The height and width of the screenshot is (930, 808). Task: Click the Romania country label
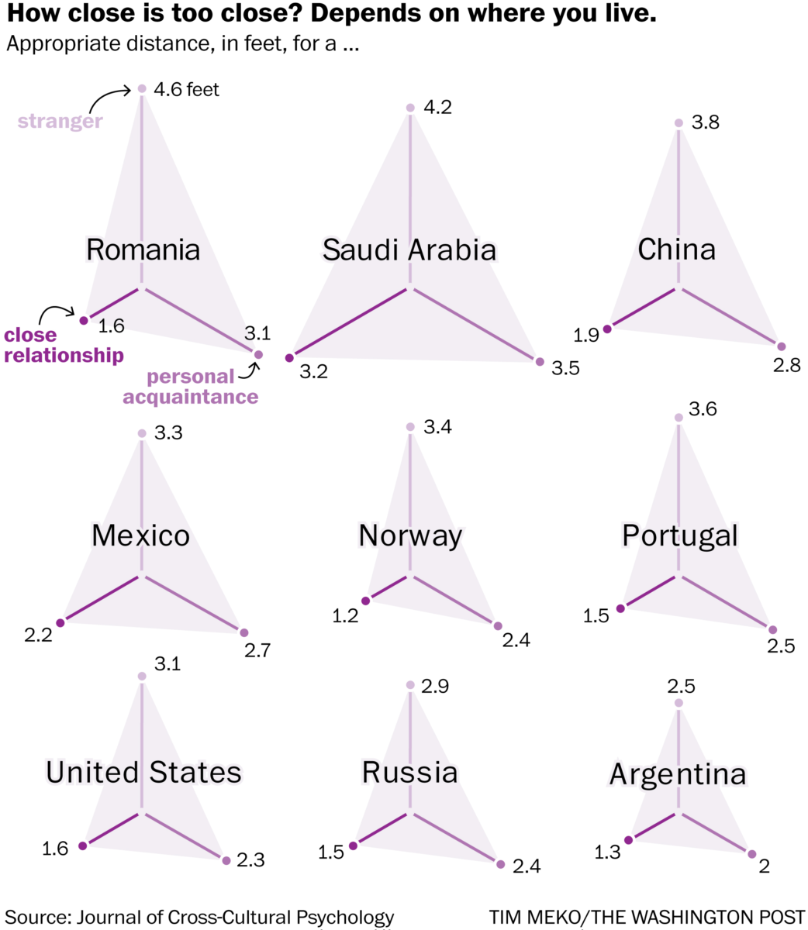pos(143,250)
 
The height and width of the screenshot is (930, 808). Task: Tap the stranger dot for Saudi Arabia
pos(410,108)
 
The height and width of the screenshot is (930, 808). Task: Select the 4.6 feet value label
pos(186,90)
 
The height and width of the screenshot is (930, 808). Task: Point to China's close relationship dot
pos(607,329)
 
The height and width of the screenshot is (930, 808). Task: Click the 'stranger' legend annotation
pos(60,121)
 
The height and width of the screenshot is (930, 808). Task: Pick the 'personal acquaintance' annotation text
pos(191,387)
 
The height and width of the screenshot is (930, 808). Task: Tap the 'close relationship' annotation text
pos(63,346)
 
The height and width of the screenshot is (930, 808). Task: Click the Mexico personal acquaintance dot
pos(243,633)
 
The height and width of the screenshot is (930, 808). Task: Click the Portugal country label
pos(679,536)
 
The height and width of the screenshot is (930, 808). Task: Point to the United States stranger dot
pos(142,677)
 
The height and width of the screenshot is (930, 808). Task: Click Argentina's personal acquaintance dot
pos(751,854)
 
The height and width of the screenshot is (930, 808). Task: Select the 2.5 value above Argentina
pos(681,686)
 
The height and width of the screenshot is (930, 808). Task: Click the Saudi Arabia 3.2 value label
pos(313,371)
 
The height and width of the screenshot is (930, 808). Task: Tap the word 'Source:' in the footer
pos(36,917)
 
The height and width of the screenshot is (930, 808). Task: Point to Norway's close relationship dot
pos(365,599)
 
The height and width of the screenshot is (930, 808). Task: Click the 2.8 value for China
pos(786,365)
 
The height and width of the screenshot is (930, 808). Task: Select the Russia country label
pos(409,773)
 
